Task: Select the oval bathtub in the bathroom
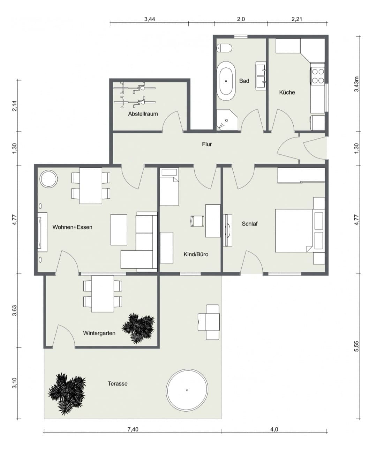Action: [226, 81]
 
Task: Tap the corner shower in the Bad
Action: [227, 119]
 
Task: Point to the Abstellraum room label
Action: [143, 114]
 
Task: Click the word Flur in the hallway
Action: [207, 144]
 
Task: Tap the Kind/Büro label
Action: [196, 254]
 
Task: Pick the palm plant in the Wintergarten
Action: [138, 327]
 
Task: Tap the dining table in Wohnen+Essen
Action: [91, 186]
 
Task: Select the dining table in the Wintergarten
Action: [103, 294]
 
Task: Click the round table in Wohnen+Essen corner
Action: [49, 179]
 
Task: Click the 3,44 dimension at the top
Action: [150, 19]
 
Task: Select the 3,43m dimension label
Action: [357, 84]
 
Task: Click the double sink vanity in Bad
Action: [261, 76]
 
